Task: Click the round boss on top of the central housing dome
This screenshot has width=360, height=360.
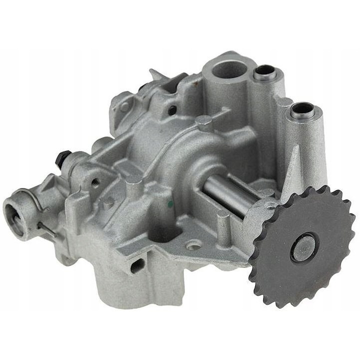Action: (203, 121)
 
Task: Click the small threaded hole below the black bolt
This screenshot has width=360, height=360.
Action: (95, 182)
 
